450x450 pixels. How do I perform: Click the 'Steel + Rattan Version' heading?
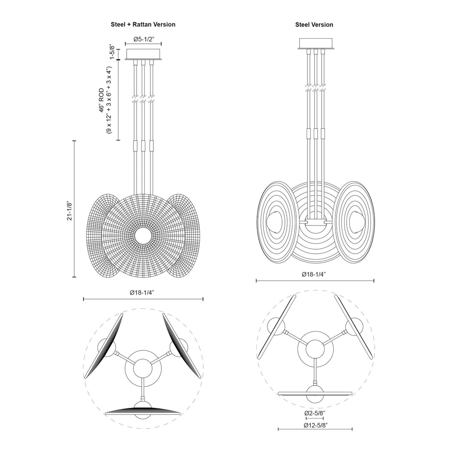click(143, 25)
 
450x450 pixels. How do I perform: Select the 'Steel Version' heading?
click(314, 25)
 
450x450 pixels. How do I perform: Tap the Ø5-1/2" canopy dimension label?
click(143, 39)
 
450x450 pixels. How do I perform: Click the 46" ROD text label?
click(101, 100)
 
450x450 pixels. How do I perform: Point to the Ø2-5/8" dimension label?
click(315, 413)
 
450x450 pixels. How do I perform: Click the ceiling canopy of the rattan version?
click(143, 54)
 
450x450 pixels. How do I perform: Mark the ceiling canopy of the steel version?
click(315, 44)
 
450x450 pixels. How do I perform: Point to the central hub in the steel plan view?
click(315, 347)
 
